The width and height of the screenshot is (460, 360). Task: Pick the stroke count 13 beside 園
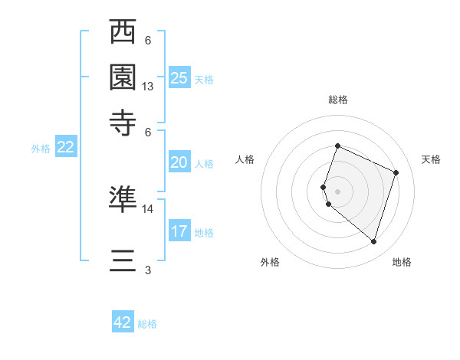(x=148, y=87)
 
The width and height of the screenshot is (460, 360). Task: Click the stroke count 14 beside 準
(x=148, y=208)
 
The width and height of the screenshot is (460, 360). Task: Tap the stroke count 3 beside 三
(x=148, y=270)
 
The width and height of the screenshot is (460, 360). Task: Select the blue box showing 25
(x=179, y=78)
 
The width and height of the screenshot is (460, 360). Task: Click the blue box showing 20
(x=179, y=162)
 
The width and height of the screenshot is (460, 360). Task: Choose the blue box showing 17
(x=179, y=231)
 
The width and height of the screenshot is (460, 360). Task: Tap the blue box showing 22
(x=65, y=148)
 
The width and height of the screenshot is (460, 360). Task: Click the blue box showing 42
(x=123, y=322)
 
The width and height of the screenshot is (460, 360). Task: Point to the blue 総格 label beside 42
(x=148, y=324)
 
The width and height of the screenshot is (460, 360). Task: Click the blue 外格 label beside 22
(x=41, y=149)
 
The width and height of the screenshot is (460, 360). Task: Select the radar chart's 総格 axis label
(x=337, y=100)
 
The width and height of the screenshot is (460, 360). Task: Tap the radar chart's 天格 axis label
(x=432, y=159)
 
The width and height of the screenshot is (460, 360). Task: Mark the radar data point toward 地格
(x=373, y=242)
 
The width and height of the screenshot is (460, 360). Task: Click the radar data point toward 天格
(x=396, y=172)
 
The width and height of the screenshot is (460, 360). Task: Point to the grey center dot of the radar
(x=337, y=191)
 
